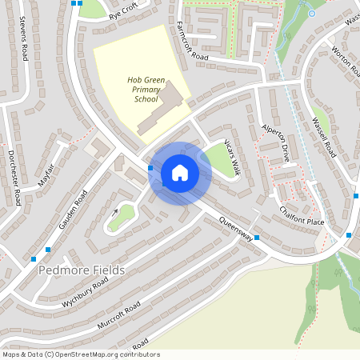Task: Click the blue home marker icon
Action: [180, 173]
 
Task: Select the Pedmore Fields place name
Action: [82, 270]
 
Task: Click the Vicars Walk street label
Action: [231, 156]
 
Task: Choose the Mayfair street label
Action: [50, 174]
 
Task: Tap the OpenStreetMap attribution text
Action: [81, 354]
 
